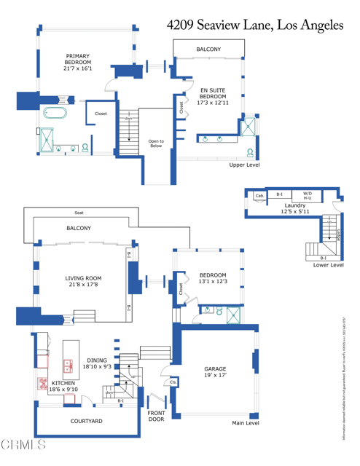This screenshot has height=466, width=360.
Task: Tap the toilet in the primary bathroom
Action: tap(85, 148)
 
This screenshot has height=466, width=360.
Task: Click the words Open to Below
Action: tap(156, 143)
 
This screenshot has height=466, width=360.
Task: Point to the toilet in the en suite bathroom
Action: tap(251, 153)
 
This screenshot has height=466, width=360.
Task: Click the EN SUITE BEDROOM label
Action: tap(214, 97)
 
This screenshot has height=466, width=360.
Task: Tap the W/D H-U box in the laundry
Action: tap(307, 195)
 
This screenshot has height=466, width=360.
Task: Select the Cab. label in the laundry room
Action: tap(259, 195)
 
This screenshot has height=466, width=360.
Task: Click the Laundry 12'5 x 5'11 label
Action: tap(295, 208)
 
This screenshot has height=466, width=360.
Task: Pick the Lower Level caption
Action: tap(328, 265)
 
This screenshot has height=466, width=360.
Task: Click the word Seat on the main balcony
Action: tap(79, 213)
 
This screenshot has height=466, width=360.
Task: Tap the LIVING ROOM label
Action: tap(83, 281)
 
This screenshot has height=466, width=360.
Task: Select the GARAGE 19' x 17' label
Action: tap(215, 373)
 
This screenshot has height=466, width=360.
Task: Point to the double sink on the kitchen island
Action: tap(69, 366)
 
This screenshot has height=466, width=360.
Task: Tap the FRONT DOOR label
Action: tap(156, 416)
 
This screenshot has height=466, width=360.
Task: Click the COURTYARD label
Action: tap(86, 421)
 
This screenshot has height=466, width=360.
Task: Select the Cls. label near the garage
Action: tap(173, 382)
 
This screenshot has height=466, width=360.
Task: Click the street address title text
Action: tap(254, 25)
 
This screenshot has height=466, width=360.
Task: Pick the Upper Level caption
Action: tap(244, 165)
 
